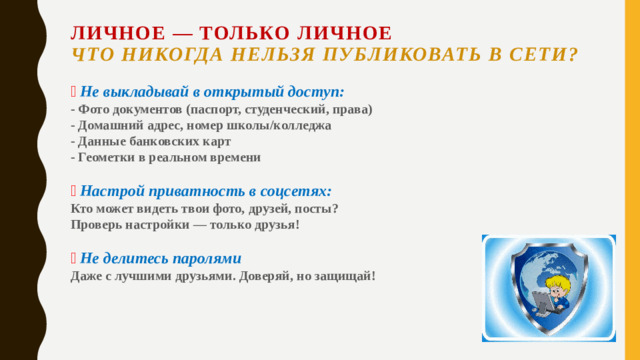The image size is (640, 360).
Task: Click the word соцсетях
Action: point(292,190)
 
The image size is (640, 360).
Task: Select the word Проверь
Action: point(98,224)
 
